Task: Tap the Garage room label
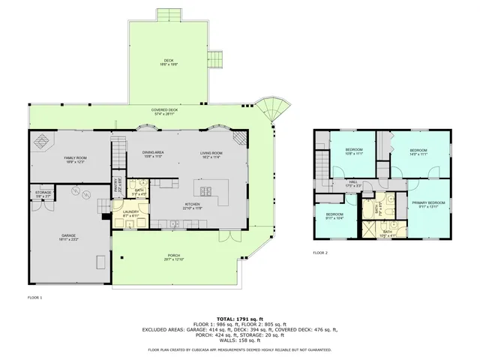tap(69, 237)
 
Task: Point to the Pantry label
tap(116, 181)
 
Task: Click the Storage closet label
tap(43, 194)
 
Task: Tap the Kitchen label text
tap(193, 206)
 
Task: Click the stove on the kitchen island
tap(205, 189)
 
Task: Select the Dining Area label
tap(153, 154)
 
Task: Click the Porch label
tap(173, 258)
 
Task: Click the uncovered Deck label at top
tap(169, 63)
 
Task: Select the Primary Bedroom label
tap(428, 204)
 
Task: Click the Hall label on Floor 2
tap(352, 182)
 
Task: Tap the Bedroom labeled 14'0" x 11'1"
tap(418, 152)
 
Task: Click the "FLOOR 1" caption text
tap(34, 298)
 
